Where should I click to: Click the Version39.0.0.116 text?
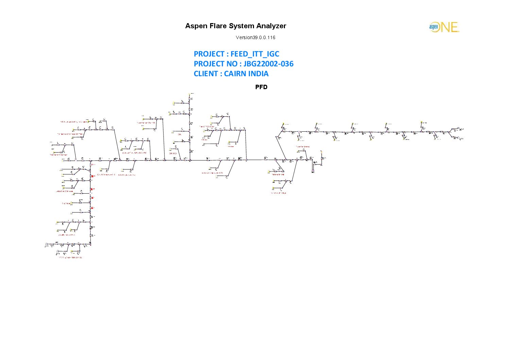255,37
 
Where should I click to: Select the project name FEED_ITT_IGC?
255,54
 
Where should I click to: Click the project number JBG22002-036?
268,64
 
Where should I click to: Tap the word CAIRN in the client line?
235,74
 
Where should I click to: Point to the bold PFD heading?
261,87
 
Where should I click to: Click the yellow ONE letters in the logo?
449,27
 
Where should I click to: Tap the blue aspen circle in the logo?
434,27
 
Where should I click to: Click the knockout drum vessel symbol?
313,165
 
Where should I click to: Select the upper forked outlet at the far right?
457,129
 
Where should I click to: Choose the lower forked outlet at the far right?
457,138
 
